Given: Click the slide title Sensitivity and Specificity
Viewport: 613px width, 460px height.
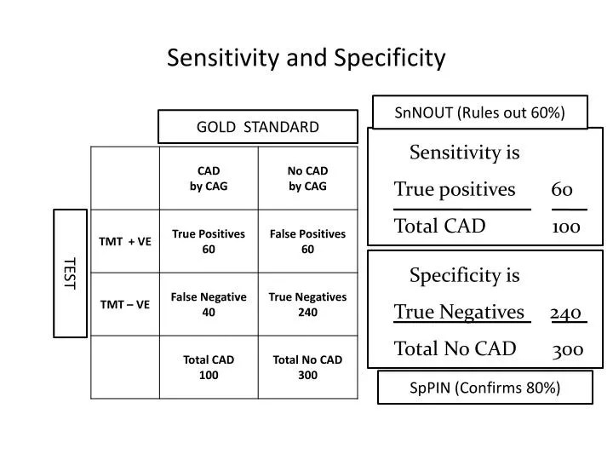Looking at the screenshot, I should click(x=306, y=57).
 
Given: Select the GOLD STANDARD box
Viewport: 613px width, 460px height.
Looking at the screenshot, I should click(x=258, y=127).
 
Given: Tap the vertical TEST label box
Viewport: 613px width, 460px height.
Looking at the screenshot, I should click(x=71, y=272).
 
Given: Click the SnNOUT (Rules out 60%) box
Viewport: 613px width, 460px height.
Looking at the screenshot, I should click(x=480, y=112).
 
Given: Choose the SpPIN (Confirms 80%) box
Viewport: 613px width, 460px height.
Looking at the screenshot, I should click(x=484, y=388).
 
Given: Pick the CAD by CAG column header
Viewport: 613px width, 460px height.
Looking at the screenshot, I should click(x=209, y=179).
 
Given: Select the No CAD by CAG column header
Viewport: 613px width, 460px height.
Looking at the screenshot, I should click(x=307, y=179).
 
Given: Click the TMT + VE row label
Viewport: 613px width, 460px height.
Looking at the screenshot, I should click(x=125, y=241).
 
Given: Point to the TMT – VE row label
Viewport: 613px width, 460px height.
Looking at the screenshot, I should click(x=125, y=304).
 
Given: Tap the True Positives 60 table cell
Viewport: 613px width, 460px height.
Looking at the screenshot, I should click(x=209, y=241).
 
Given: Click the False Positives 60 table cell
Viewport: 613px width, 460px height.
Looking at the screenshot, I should click(x=307, y=241).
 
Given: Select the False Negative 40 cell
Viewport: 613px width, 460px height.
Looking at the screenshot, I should click(x=209, y=304).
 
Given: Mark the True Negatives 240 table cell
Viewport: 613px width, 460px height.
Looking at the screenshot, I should click(x=307, y=304).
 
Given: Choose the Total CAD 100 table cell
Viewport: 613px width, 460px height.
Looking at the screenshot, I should click(x=209, y=367).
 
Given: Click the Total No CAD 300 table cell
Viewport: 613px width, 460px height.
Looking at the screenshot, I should click(x=307, y=367).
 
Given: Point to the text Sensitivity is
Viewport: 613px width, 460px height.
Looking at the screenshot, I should click(x=464, y=152).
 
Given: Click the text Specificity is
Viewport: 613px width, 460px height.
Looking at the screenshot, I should click(x=464, y=275).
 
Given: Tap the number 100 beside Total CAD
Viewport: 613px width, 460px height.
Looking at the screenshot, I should click(x=566, y=227).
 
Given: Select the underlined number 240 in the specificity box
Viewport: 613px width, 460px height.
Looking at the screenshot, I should click(x=566, y=313).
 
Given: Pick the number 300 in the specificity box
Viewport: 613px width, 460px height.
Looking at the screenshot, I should click(x=567, y=349).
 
